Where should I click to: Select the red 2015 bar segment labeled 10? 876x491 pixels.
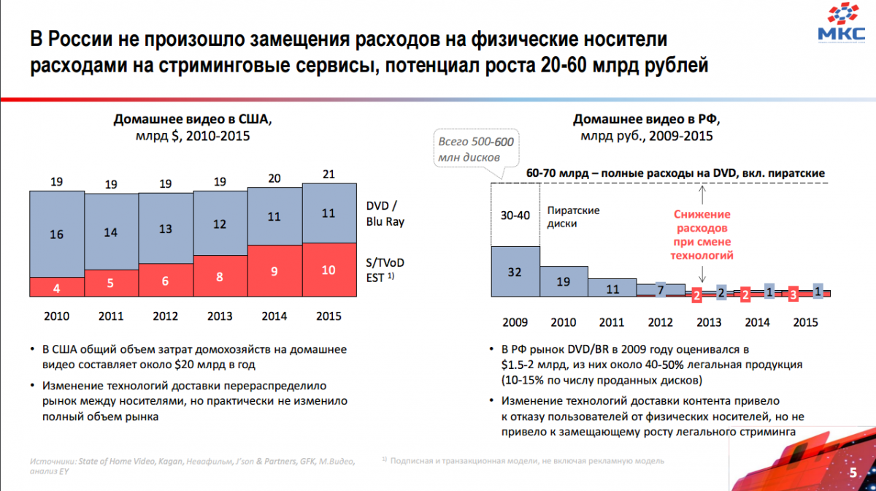click(328, 270)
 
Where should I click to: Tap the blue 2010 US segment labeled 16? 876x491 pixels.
click(57, 235)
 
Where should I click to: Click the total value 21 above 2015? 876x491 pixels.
click(328, 173)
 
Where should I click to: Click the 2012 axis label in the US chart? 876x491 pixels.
click(166, 316)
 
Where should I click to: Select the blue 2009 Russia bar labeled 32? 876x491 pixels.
click(514, 271)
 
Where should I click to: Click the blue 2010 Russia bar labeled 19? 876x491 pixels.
click(563, 281)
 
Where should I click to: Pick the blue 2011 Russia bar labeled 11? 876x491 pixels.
click(612, 289)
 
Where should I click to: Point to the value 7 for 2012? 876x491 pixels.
click(660, 290)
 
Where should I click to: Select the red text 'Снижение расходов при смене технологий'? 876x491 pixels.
click(702, 235)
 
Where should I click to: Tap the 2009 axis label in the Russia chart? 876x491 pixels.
click(514, 322)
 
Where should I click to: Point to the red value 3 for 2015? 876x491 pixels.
click(794, 294)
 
